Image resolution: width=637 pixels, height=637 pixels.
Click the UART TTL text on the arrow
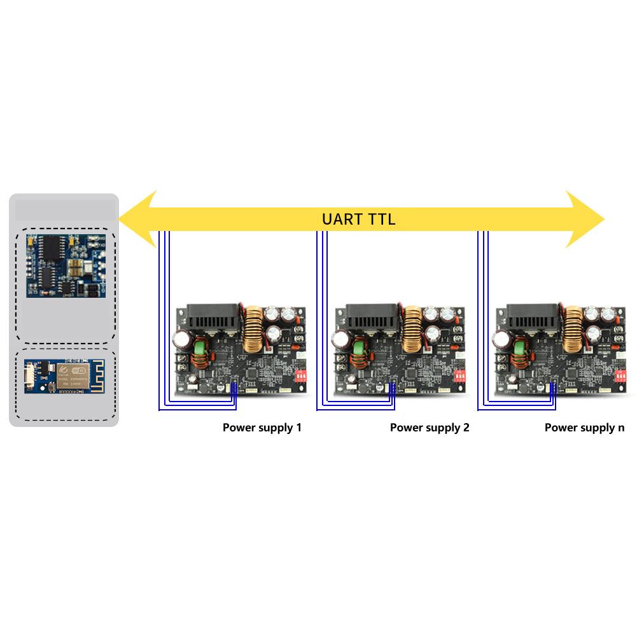359,220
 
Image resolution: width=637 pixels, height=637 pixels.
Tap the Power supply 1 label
262,428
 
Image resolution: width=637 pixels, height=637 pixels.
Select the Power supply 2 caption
430,428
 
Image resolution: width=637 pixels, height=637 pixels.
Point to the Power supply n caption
584,428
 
